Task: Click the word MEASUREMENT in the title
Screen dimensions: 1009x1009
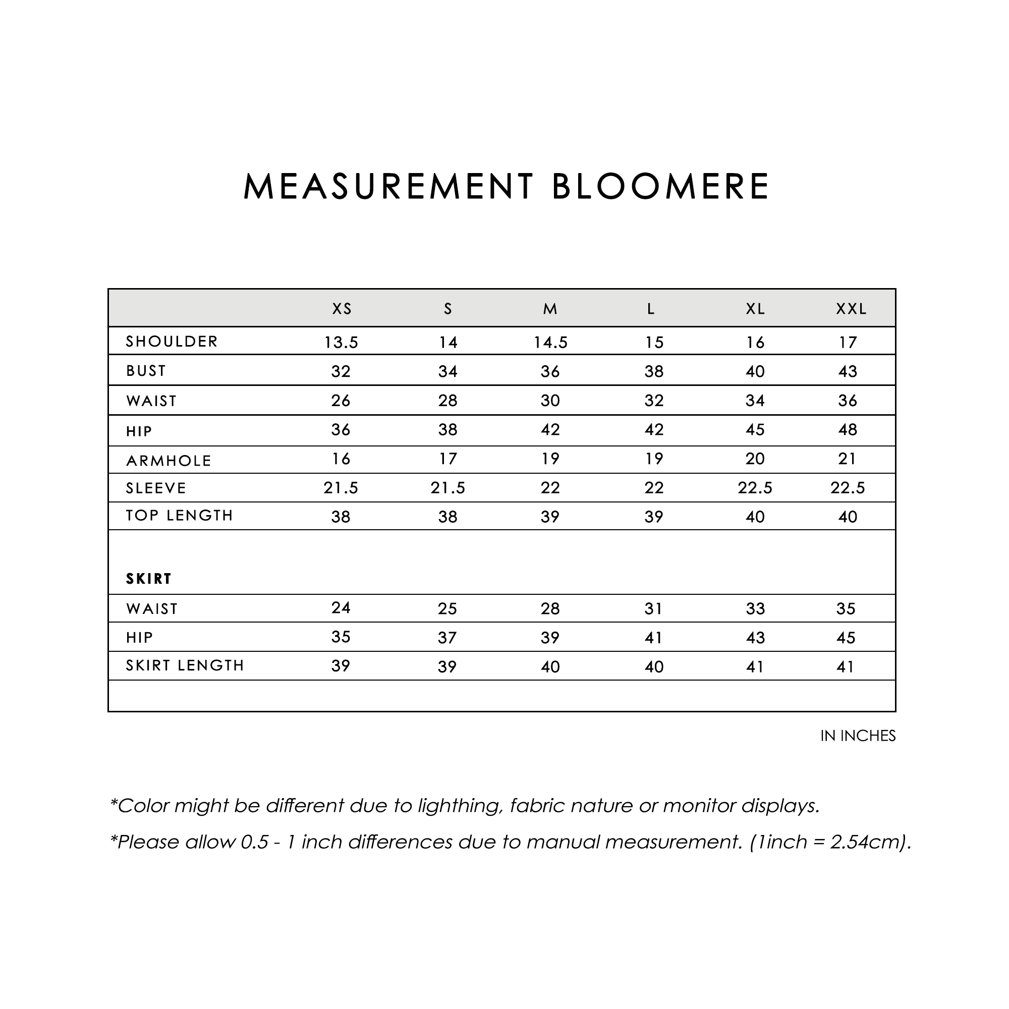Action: (x=388, y=187)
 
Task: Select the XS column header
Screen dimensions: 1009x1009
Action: (x=342, y=309)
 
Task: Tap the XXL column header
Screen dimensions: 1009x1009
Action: (x=851, y=309)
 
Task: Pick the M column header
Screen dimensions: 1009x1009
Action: (x=550, y=309)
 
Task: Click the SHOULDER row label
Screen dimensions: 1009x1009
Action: (x=172, y=342)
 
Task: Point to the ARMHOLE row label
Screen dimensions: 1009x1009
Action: (x=169, y=461)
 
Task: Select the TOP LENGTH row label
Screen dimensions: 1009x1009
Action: (x=180, y=516)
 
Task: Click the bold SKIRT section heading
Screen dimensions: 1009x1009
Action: (x=149, y=579)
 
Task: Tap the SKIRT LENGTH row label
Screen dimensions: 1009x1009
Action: (x=185, y=665)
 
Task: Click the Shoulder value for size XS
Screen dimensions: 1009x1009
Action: (x=341, y=343)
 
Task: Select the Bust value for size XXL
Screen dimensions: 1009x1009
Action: (x=848, y=371)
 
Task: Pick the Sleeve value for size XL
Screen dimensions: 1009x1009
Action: (x=755, y=488)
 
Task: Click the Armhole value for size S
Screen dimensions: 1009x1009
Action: (x=447, y=459)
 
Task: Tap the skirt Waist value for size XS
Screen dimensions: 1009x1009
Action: (x=341, y=607)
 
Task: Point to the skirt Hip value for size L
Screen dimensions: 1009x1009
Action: (x=653, y=638)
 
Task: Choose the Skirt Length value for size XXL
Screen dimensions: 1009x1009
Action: (x=846, y=667)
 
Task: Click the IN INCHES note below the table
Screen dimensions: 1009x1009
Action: (x=858, y=736)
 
